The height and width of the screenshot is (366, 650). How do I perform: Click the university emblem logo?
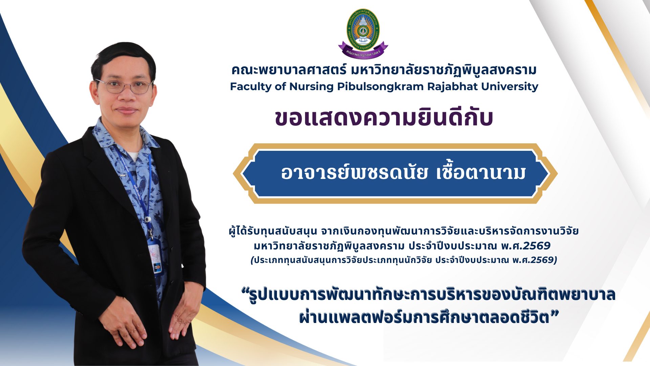coord(363,33)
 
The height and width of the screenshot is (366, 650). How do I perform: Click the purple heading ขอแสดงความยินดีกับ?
coord(384,118)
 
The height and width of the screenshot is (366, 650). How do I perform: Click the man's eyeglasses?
coord(125,86)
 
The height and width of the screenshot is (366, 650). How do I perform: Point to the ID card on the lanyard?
coord(155,256)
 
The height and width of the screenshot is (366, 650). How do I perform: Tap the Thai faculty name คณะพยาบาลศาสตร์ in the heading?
coord(289,70)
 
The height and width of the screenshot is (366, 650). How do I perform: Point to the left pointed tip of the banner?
coord(234,173)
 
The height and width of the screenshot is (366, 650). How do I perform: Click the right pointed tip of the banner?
coord(557,173)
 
